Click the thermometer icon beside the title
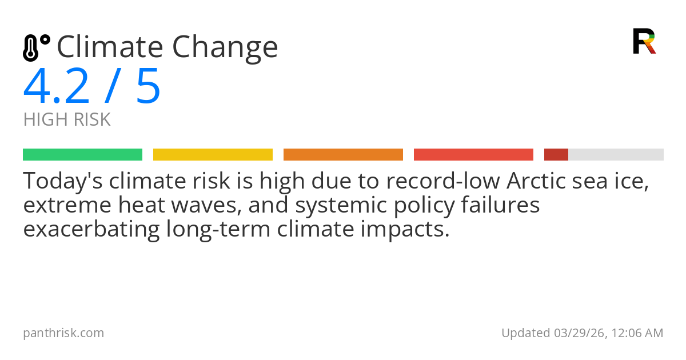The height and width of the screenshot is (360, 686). click(35, 47)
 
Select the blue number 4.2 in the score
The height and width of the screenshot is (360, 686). click(56, 87)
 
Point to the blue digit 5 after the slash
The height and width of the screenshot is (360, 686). click(148, 87)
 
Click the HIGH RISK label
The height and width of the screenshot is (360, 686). click(67, 120)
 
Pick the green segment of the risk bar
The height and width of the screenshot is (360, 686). click(82, 155)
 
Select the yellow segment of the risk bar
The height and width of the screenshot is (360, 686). click(213, 155)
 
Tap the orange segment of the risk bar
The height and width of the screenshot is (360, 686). click(343, 155)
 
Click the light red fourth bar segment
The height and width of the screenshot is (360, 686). click(473, 155)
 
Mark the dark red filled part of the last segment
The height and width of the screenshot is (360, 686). click(556, 155)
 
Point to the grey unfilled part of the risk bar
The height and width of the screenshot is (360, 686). click(616, 155)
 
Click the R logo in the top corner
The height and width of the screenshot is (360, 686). click(644, 41)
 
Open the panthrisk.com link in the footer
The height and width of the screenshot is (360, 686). click(63, 333)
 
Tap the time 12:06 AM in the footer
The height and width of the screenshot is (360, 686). click(636, 333)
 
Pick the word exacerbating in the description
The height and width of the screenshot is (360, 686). click(91, 229)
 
